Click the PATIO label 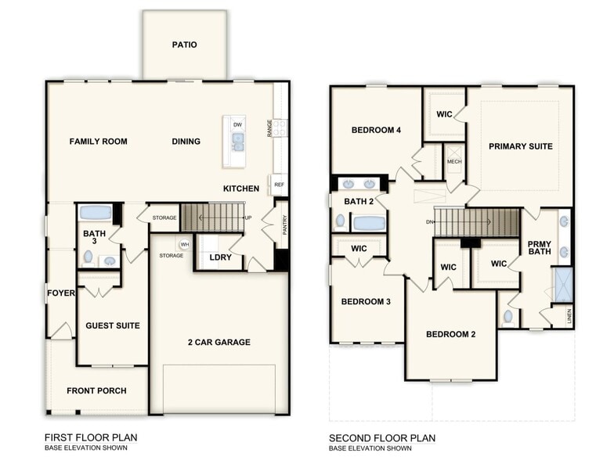(184, 45)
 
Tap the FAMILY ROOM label (98, 142)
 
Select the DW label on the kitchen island (237, 124)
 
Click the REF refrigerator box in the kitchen (279, 185)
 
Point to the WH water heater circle (185, 244)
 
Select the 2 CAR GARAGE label (219, 342)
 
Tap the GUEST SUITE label (112, 325)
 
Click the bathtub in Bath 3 (96, 212)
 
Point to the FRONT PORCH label (96, 391)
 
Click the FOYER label (60, 294)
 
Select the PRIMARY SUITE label (521, 146)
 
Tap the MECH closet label (454, 162)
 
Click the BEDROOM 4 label (376, 130)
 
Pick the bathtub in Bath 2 (368, 223)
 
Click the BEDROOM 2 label (450, 334)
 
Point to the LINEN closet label (569, 317)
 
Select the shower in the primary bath (562, 284)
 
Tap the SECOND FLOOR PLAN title (382, 437)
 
